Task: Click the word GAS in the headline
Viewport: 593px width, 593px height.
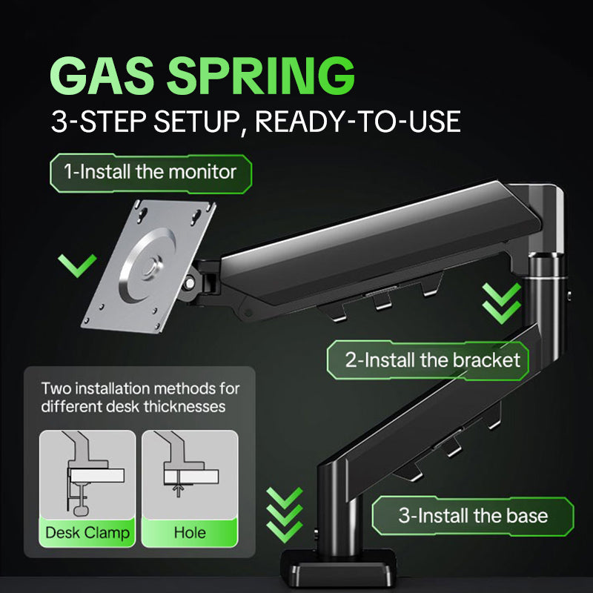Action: (x=102, y=76)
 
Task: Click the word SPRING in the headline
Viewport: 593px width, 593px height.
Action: (x=261, y=76)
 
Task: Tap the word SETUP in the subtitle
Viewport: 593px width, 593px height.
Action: (x=196, y=122)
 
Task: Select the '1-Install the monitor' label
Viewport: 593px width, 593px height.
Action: (x=150, y=173)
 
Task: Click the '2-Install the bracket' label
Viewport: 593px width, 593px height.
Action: (x=428, y=360)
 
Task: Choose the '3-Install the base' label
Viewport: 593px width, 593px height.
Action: (x=473, y=516)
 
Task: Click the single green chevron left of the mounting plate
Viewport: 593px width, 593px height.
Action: (x=78, y=265)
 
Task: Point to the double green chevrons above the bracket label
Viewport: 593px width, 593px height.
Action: (x=502, y=303)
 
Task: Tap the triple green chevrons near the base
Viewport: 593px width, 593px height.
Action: (x=285, y=514)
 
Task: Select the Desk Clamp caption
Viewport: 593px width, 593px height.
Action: (x=87, y=533)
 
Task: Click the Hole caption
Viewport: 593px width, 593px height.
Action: (x=190, y=533)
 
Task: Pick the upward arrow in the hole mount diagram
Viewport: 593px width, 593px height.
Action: (x=178, y=491)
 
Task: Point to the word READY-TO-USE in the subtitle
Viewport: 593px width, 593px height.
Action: (x=358, y=122)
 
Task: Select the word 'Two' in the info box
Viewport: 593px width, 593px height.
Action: (x=54, y=388)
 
